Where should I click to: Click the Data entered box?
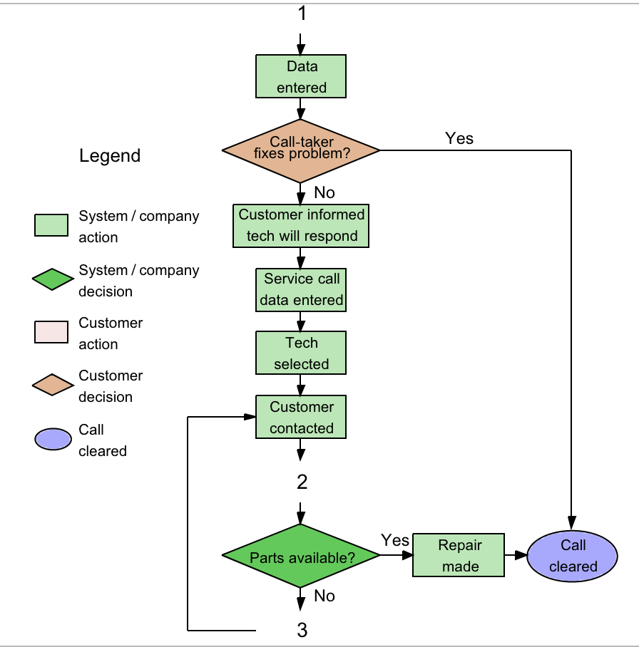coord(301,77)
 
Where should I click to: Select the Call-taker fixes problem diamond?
coord(301,150)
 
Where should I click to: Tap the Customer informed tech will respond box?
coord(301,226)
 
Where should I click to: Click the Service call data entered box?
coord(301,290)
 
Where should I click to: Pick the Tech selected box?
coord(301,353)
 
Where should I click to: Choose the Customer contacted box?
coord(301,418)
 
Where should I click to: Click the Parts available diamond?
coord(301,557)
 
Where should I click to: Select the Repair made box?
coord(459,556)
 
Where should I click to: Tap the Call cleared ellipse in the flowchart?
coord(572,556)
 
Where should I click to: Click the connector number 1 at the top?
coord(302,13)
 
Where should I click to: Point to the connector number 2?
coord(302,482)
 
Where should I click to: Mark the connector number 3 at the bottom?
coord(302,630)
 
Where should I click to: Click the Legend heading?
coord(110,155)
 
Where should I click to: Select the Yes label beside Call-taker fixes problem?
coord(459,138)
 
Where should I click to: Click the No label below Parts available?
coord(324,596)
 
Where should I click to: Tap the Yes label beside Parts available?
coord(395,540)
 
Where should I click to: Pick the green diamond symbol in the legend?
coord(53,279)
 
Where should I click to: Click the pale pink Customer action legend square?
coord(51,332)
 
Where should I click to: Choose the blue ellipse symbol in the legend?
coord(53,440)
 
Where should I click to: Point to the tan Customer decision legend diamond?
coord(53,385)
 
